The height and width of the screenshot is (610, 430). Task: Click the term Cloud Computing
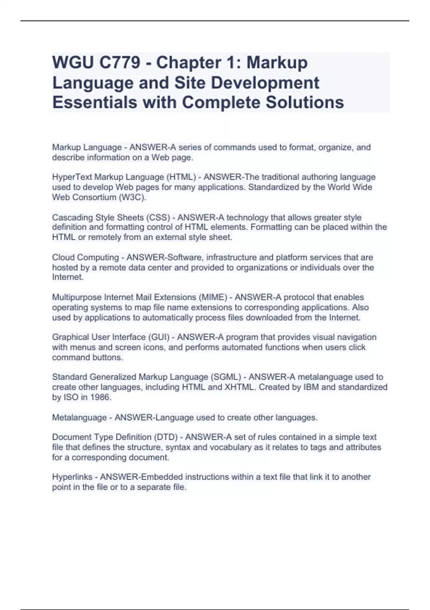(85, 258)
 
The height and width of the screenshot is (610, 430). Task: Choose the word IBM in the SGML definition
(312, 388)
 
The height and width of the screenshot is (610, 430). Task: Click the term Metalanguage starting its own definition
(79, 418)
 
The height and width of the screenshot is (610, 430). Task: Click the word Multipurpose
(77, 297)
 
